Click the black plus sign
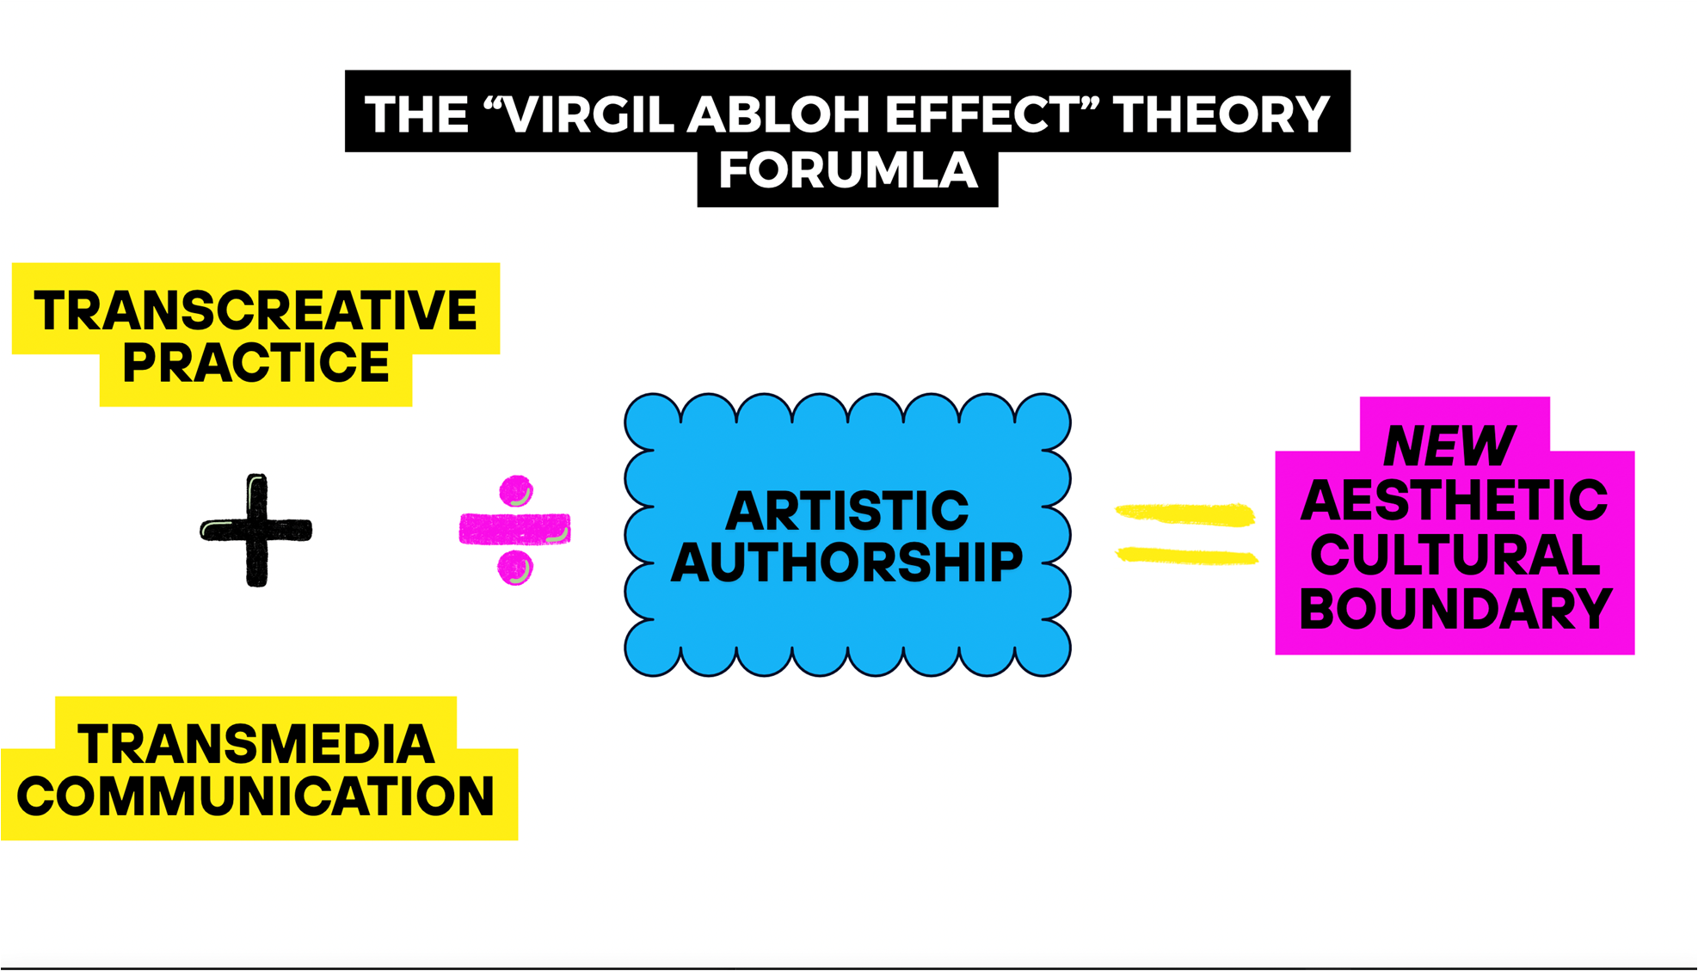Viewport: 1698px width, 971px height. tap(256, 530)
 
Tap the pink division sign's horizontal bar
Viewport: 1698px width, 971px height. tap(514, 529)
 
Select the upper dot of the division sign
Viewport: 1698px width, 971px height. tap(516, 491)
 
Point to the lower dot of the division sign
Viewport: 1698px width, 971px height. tap(515, 568)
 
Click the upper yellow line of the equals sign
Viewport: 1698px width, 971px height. tap(1185, 514)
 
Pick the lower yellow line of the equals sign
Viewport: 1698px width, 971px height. tap(1187, 556)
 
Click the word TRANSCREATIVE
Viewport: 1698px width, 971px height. tap(255, 310)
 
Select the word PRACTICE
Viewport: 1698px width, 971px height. tap(255, 363)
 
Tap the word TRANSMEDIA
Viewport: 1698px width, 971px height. tap(255, 744)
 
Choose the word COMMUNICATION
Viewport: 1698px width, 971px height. tap(255, 796)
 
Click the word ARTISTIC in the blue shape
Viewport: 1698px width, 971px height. tap(847, 511)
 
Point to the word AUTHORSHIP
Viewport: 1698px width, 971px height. tap(847, 562)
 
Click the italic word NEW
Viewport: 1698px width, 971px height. tap(1449, 446)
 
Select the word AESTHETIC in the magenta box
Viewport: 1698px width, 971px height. tap(1455, 501)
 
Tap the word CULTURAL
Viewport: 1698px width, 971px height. tap(1455, 555)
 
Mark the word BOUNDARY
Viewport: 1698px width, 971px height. tap(1455, 609)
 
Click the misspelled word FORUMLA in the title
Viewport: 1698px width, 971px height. tap(848, 170)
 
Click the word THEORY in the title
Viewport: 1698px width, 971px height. tap(1221, 114)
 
